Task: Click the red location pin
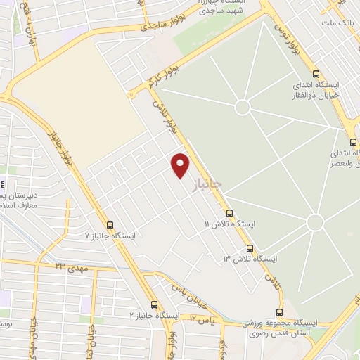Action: (x=181, y=165)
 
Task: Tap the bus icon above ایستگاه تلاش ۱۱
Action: (x=229, y=214)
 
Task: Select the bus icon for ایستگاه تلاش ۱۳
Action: (x=250, y=248)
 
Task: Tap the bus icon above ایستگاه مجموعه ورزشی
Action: (x=280, y=313)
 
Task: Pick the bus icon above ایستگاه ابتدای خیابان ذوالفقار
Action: (x=315, y=73)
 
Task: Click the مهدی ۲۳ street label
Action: (x=70, y=266)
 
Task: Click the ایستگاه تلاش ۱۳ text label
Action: (x=250, y=259)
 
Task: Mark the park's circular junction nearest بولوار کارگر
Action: (x=243, y=107)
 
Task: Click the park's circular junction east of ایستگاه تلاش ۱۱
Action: (x=315, y=222)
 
